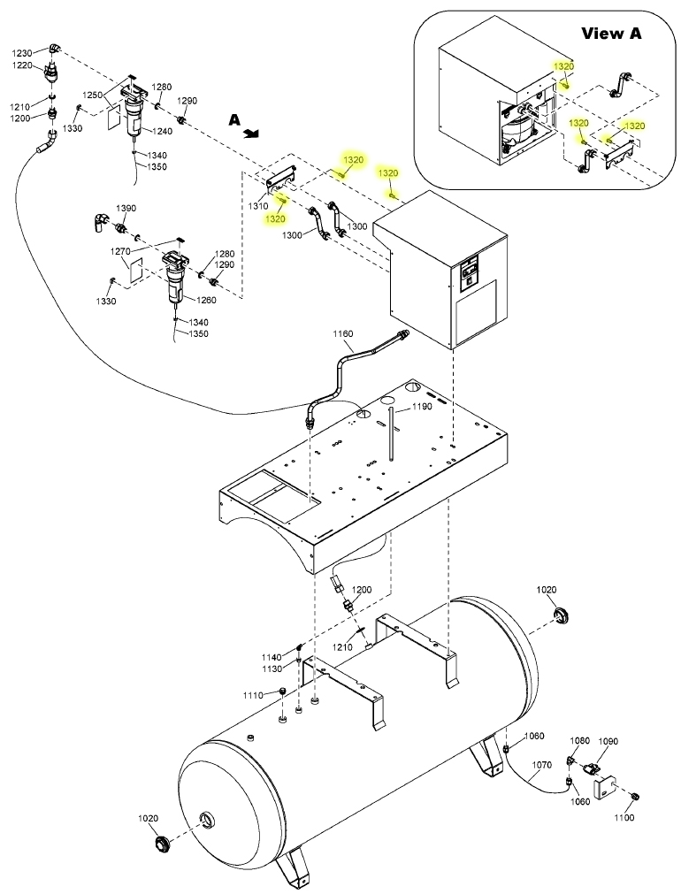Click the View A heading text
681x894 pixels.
(x=611, y=33)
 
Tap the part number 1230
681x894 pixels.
(x=23, y=53)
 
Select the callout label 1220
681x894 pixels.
(x=23, y=65)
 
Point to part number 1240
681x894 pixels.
(x=162, y=131)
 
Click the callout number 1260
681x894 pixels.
(x=206, y=300)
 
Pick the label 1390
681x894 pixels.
(x=126, y=208)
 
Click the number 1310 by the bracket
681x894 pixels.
(x=258, y=205)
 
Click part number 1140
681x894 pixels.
(x=272, y=657)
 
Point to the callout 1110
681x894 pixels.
(x=253, y=695)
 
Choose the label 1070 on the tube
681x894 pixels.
(x=542, y=765)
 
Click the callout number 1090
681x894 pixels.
(x=608, y=741)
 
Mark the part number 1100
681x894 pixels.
(x=624, y=818)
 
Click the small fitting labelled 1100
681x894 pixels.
(x=638, y=796)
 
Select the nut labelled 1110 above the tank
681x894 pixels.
(x=282, y=692)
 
